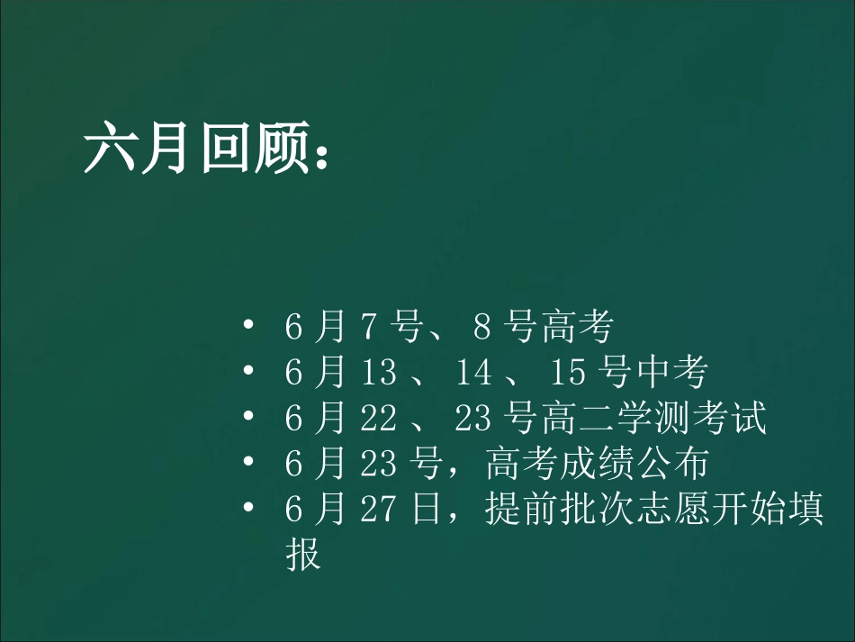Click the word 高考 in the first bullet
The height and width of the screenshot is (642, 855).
pyautogui.click(x=577, y=328)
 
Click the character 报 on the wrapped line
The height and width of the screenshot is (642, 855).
pyautogui.click(x=303, y=556)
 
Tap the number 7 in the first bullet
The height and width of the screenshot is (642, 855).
pyautogui.click(x=368, y=329)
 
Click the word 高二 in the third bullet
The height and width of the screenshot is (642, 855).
pyautogui.click(x=577, y=420)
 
